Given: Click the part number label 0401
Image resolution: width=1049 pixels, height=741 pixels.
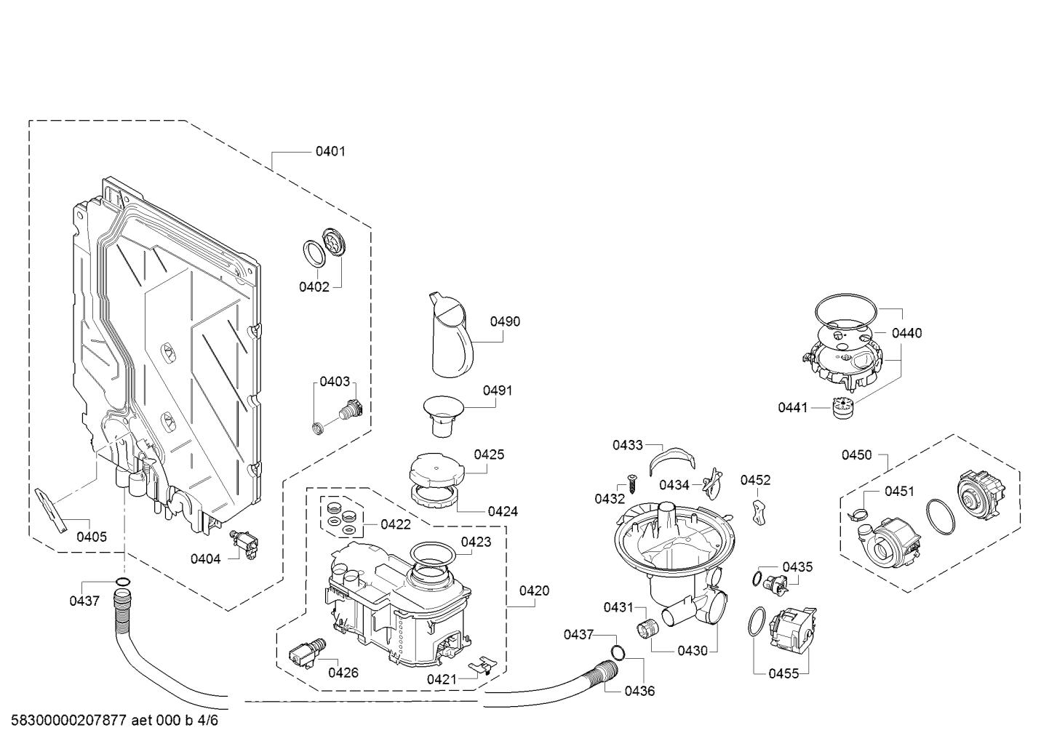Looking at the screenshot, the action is coord(330,151).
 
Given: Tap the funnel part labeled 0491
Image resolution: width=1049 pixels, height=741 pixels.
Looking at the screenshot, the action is coord(443,416).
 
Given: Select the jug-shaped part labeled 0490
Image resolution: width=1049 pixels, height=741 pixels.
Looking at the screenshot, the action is coord(450,335).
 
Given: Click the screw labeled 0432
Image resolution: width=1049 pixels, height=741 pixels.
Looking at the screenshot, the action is coord(631,483).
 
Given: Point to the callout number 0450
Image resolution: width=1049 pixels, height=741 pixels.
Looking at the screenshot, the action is coord(856,454).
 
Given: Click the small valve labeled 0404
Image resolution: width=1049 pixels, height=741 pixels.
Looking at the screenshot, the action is coord(245,545).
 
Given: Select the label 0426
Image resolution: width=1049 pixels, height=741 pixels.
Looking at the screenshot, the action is coord(343,673).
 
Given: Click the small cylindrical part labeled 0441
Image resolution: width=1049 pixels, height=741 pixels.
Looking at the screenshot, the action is coord(843,408).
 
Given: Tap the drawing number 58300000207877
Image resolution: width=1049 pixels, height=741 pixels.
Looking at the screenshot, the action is coord(69,720).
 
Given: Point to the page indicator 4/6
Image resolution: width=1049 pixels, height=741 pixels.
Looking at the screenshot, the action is coord(207,720).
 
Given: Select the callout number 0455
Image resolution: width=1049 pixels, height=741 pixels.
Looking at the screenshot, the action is coord(783,673).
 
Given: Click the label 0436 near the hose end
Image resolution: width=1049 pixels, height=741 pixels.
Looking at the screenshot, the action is coord(639,691).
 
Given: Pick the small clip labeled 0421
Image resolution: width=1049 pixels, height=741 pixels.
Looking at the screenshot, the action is coord(482,666).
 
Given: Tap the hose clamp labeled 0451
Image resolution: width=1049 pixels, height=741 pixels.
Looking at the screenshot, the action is coord(856,514).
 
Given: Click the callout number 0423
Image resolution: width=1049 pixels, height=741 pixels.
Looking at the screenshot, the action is coord(476,542).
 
